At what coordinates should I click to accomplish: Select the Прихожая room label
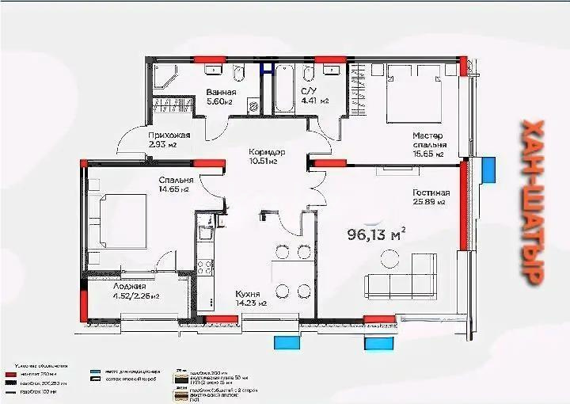(169, 140)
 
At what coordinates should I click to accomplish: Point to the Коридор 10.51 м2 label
(265, 156)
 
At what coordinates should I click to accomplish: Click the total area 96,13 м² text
(377, 234)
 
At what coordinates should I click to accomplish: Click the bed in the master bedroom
(412, 94)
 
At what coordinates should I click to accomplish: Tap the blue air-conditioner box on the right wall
(488, 169)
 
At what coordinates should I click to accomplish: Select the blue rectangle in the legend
(96, 371)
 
